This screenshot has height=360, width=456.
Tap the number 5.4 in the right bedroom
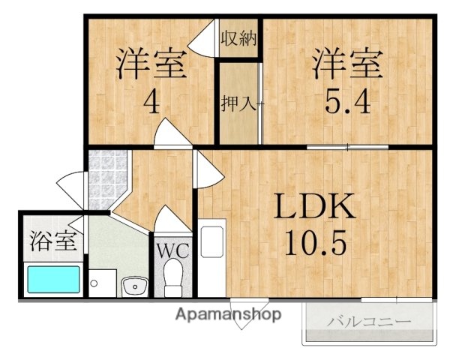(347, 100)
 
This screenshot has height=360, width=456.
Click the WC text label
(173, 250)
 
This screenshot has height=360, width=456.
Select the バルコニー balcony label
(369, 322)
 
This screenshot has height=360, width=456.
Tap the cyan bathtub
(53, 280)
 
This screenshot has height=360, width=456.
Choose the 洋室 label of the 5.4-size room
(347, 63)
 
